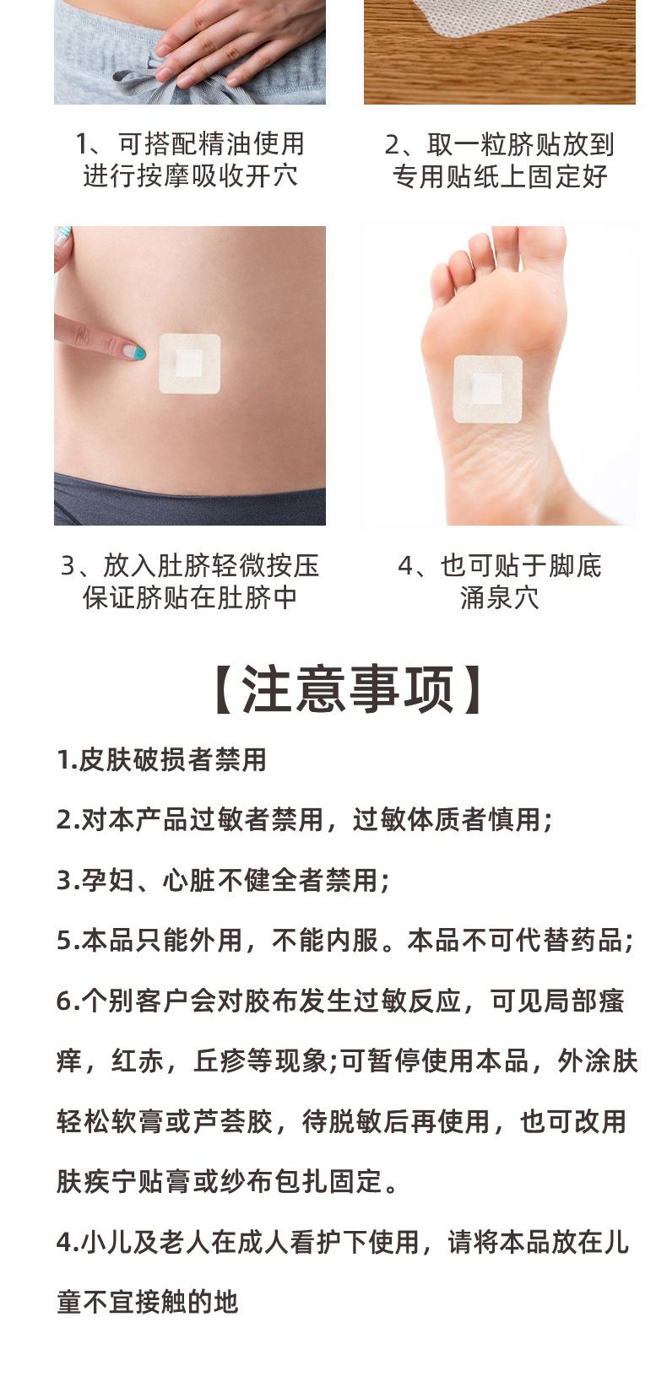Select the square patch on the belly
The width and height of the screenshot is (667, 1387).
click(190, 364)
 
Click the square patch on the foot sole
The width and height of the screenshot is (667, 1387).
click(487, 390)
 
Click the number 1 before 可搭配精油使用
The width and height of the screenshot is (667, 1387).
click(81, 145)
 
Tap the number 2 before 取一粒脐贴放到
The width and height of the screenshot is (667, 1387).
click(393, 145)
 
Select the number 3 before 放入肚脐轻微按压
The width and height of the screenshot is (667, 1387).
click(68, 566)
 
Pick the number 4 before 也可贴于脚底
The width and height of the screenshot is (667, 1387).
click(405, 566)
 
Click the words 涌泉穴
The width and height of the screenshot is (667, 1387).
click(500, 598)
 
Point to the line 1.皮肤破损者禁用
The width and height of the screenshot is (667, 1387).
click(162, 760)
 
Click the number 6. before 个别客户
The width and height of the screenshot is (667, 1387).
click(68, 1001)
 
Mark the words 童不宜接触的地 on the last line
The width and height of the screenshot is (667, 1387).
click(148, 1302)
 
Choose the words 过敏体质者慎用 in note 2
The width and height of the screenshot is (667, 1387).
click(446, 819)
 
